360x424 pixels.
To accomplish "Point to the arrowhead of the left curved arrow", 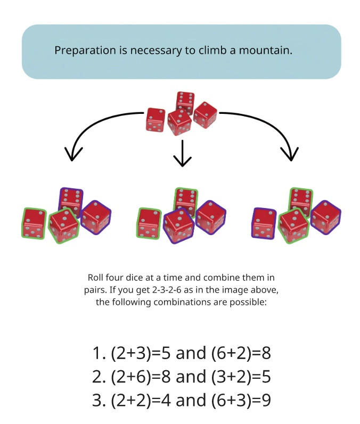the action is tap(72, 154).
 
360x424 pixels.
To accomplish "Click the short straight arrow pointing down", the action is tap(183, 153).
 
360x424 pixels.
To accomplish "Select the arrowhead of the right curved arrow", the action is tap(290, 154).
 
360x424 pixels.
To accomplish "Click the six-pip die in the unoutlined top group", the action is tap(185, 102).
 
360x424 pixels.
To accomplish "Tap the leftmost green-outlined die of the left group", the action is tap(34, 223).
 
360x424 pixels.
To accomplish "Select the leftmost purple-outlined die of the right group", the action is tap(264, 223).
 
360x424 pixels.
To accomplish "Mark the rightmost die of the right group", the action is tap(325, 217).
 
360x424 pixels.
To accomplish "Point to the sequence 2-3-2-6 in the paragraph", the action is tap(167, 290).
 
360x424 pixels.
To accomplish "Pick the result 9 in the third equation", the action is tap(267, 400).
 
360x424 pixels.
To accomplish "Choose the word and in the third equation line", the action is tap(191, 400).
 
